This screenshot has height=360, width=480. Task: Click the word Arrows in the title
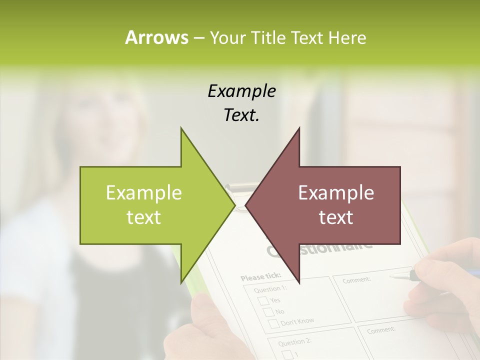156,37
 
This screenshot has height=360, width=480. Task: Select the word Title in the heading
267,38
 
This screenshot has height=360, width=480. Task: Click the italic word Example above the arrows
241,91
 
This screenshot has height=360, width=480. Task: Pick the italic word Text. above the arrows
241,115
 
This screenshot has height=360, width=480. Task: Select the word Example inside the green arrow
144,192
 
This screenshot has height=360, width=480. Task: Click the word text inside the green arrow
144,217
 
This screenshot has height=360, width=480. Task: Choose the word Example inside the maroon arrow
336,192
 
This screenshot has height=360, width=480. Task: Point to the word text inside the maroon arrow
336,217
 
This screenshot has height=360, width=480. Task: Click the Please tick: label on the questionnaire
260,276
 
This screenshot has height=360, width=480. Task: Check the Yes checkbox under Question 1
263,301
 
